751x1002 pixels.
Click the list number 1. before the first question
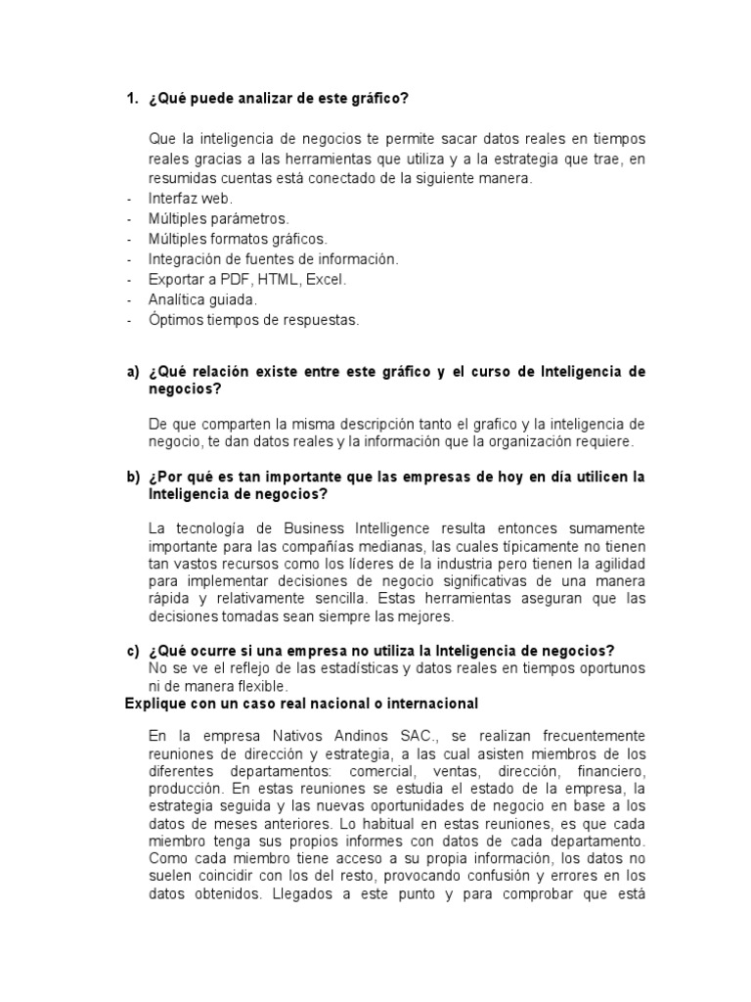click(x=132, y=99)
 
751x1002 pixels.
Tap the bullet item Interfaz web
click(x=191, y=198)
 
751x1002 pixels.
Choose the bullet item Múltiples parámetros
click(x=218, y=218)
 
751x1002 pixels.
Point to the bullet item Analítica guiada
click(x=202, y=299)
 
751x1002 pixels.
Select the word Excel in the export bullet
click(x=326, y=279)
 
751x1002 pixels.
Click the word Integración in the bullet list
click(x=186, y=258)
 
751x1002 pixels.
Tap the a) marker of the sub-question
click(x=133, y=372)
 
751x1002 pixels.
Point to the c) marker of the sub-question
click(x=133, y=651)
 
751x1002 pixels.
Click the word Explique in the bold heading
click(x=155, y=704)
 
